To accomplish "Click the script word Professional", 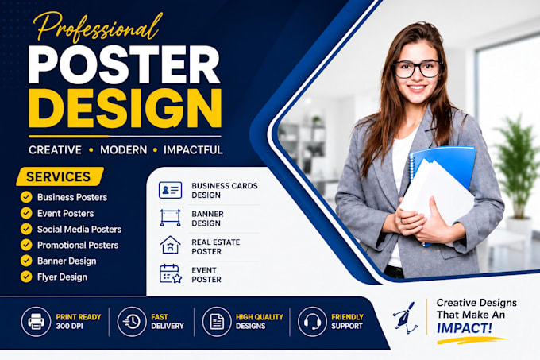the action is (98, 28).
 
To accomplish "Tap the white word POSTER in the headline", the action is (124, 64).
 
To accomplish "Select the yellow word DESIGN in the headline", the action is (125, 108).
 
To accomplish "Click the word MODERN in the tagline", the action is (124, 150).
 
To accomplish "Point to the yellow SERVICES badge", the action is (60, 176).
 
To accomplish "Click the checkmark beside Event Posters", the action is (26, 213).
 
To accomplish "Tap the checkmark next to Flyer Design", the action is (26, 277).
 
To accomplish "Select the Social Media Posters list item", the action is (79, 230).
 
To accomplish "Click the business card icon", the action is (170, 190).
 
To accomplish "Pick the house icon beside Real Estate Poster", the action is (170, 245).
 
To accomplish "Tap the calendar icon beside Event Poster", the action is (171, 273).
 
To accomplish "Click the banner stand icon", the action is (170, 218).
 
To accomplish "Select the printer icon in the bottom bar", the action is (37, 321).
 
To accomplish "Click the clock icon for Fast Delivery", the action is (132, 321).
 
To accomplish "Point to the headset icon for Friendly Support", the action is (312, 322).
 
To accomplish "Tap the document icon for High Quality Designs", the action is (217, 322).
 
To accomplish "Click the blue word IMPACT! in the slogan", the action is (465, 328).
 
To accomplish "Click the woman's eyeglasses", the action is (418, 69).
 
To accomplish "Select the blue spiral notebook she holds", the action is (443, 179).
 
